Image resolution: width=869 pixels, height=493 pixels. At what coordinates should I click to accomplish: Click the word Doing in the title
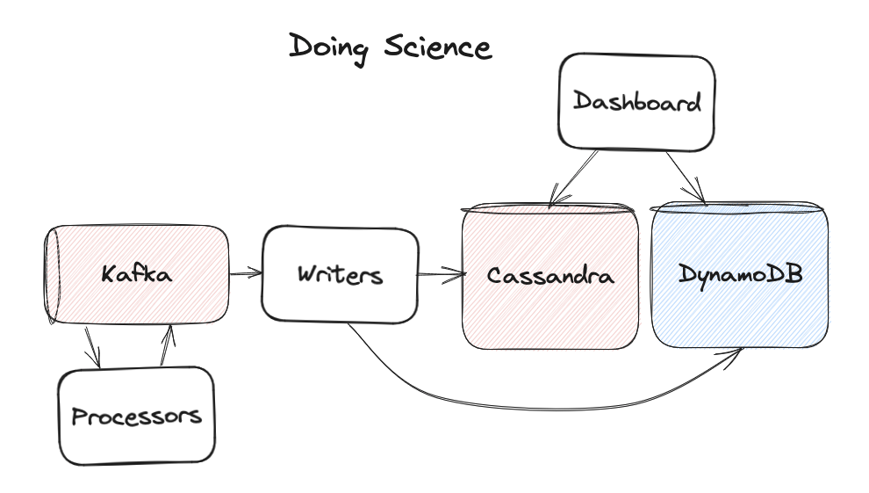point(330,47)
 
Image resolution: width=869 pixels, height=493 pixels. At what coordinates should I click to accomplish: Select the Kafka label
point(137,274)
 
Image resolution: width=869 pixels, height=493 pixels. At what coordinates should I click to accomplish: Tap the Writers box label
point(340,274)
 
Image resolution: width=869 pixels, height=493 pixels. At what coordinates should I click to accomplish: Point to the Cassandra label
point(550,276)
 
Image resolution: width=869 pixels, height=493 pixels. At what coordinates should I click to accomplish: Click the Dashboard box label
point(637,102)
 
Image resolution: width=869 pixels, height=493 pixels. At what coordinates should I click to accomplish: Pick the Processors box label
point(136,415)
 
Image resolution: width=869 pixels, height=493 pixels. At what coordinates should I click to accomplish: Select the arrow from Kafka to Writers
point(246,273)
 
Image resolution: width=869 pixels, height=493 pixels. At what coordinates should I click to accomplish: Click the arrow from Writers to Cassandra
point(441,277)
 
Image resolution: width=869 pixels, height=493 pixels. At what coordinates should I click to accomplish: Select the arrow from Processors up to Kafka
point(167,345)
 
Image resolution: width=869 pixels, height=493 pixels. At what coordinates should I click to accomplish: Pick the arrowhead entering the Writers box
point(256,273)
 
